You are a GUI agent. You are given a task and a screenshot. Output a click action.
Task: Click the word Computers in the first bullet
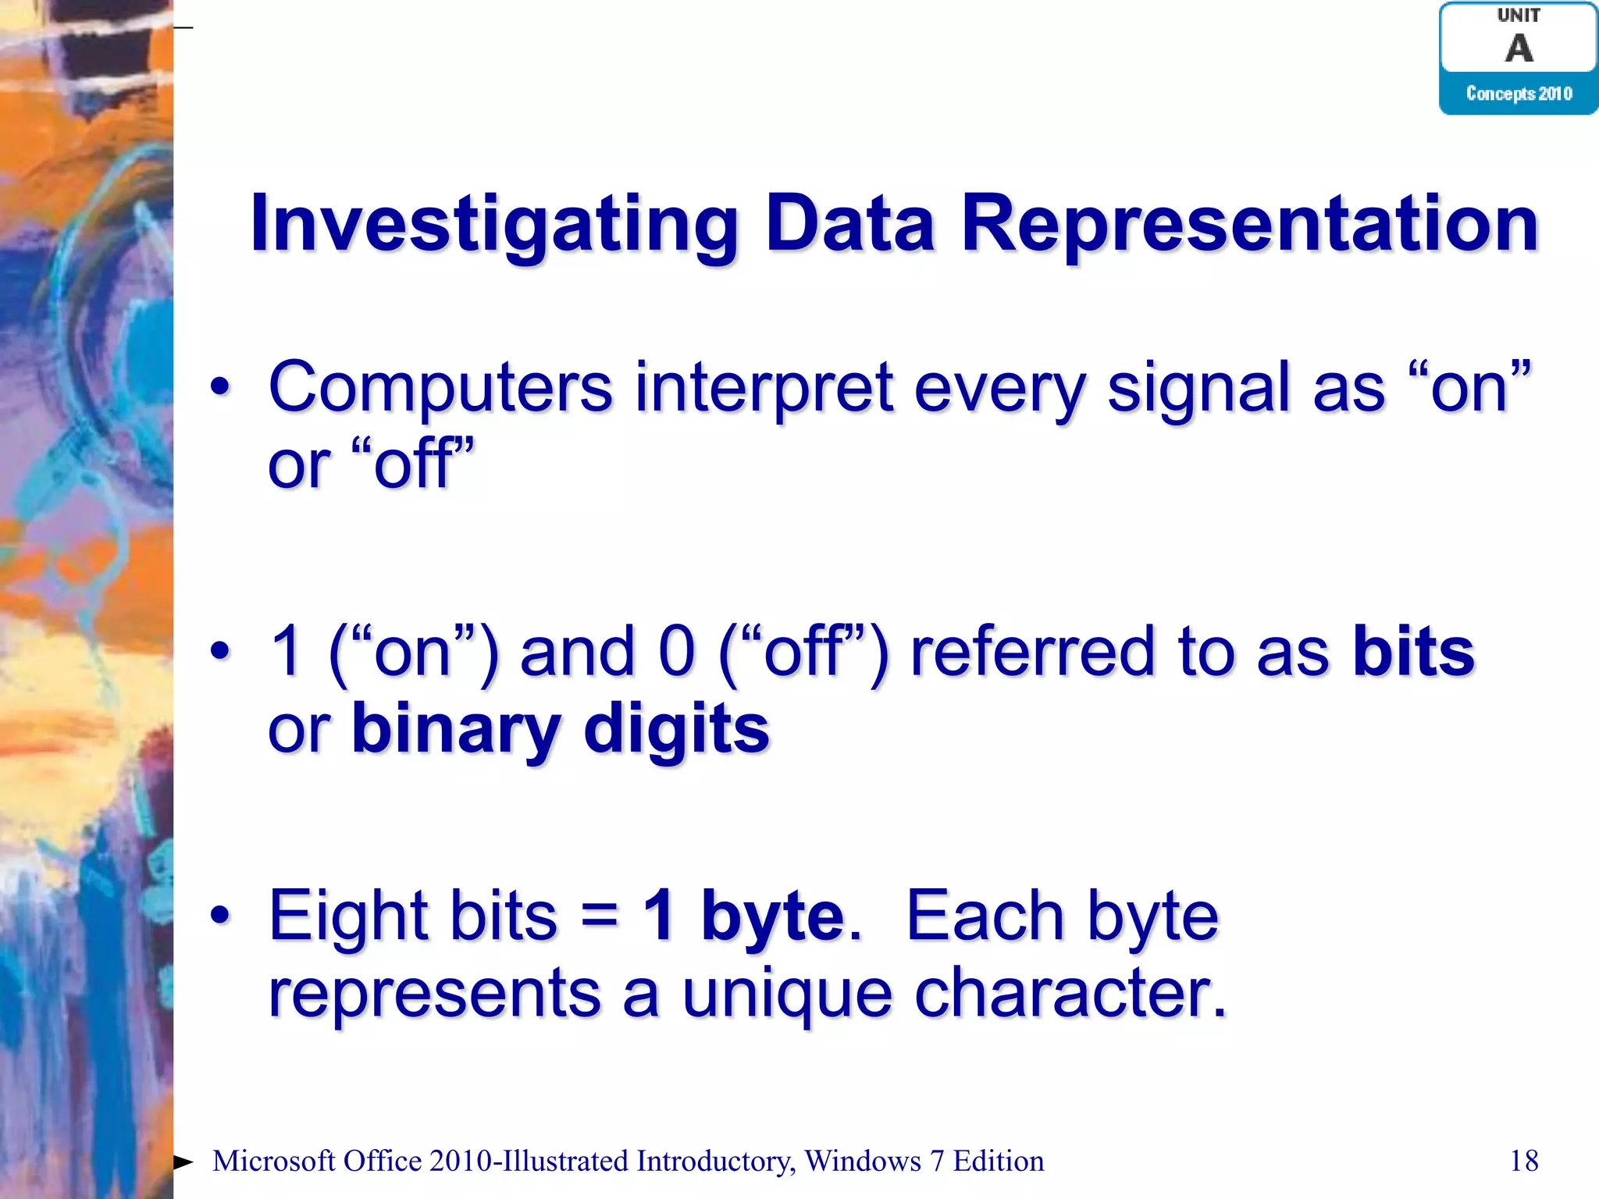(440, 388)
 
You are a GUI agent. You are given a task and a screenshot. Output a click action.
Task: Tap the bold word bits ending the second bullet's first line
(1413, 652)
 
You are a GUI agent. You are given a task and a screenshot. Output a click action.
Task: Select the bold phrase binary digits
(560, 728)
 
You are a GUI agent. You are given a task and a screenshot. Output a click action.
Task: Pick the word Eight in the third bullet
(348, 916)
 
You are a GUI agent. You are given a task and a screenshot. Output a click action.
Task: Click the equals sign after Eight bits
(600, 916)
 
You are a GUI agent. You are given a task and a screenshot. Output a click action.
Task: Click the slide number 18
(1523, 1161)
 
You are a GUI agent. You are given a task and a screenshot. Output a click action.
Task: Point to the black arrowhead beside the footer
(183, 1162)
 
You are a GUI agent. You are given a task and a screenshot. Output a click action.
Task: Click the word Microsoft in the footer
(273, 1161)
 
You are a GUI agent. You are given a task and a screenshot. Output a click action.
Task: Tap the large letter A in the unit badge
(1519, 48)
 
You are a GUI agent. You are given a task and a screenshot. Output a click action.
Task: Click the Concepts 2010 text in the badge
(1519, 94)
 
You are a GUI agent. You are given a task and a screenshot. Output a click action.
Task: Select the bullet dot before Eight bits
(221, 915)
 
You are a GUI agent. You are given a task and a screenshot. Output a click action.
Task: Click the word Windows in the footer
(863, 1161)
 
